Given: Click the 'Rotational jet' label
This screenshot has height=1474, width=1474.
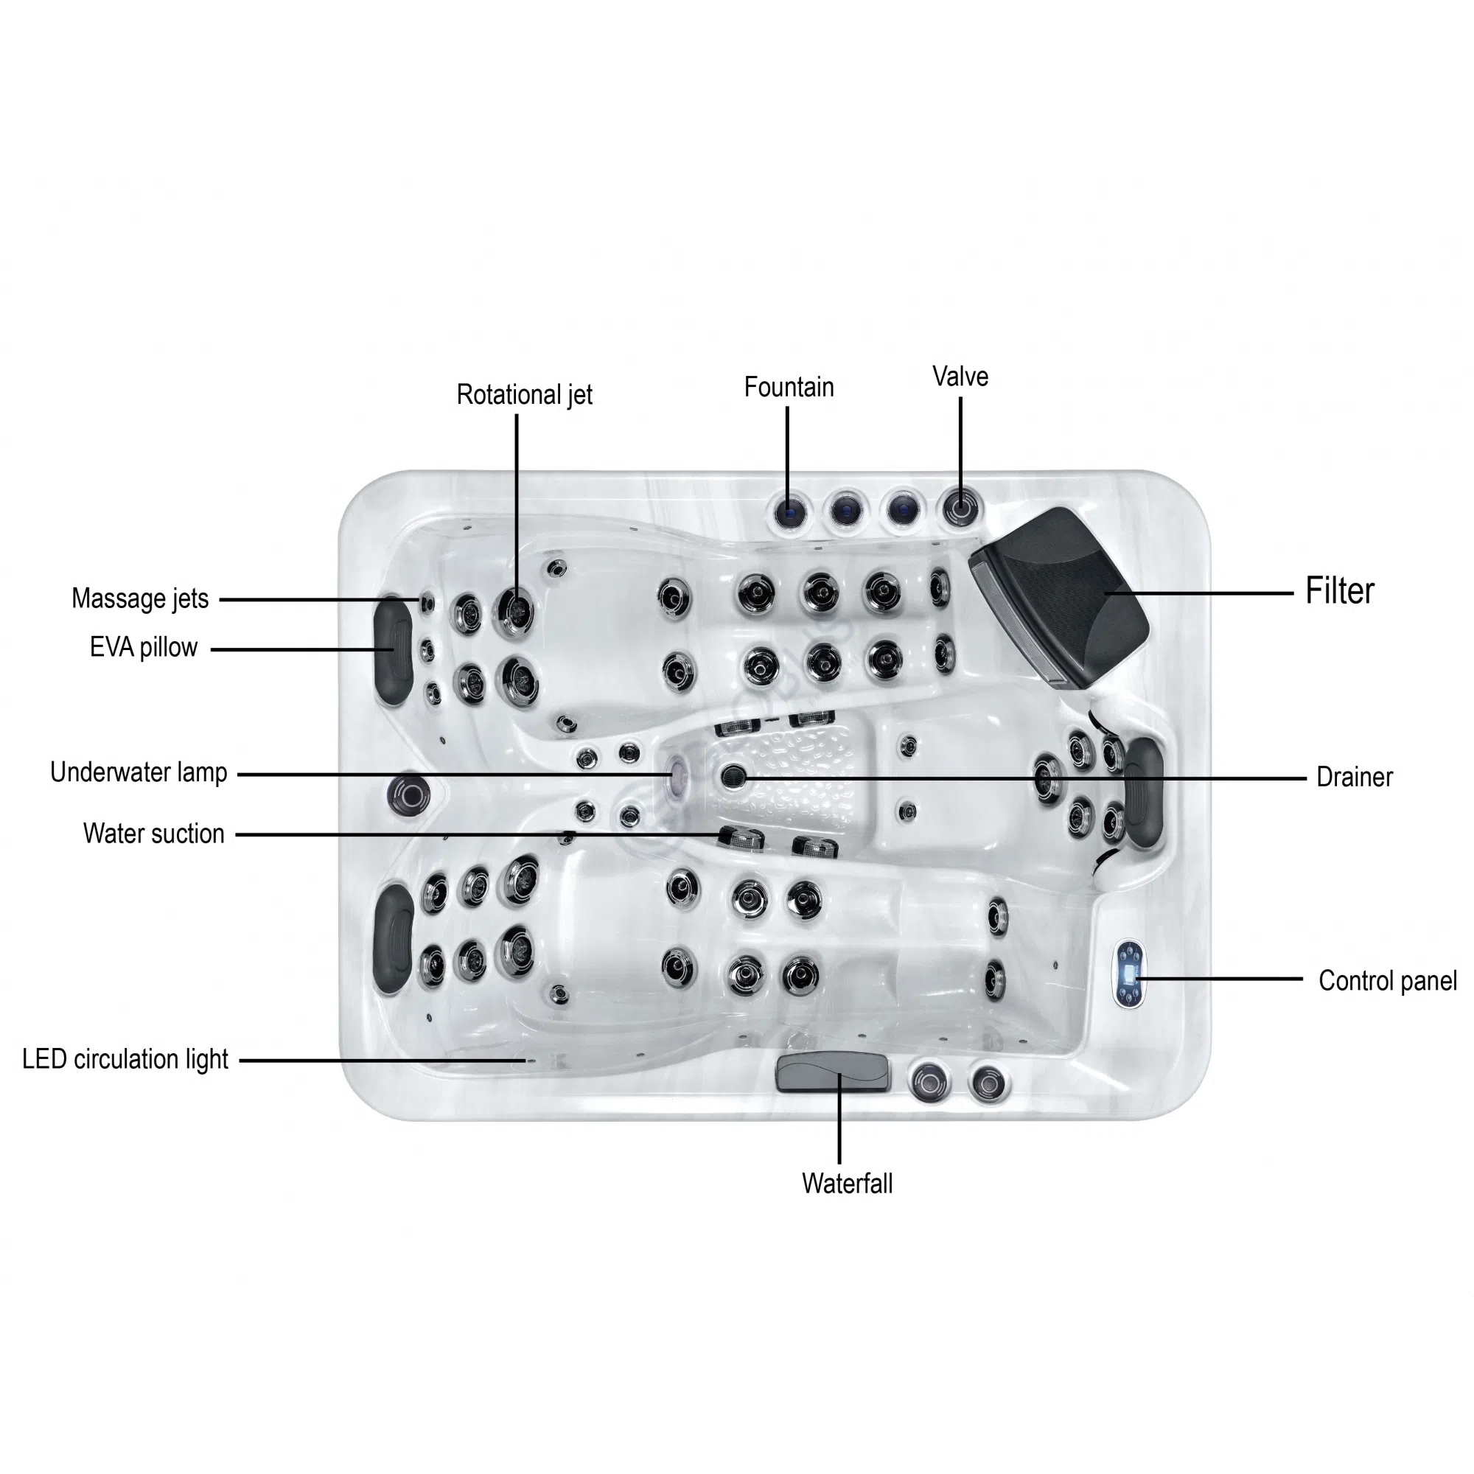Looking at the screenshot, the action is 524,394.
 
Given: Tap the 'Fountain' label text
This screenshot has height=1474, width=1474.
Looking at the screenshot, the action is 789,387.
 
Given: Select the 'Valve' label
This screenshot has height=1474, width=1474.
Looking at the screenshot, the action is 960,376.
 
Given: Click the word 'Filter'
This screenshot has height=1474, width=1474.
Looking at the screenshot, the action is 1340,590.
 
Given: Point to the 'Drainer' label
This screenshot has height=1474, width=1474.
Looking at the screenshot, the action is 1354,778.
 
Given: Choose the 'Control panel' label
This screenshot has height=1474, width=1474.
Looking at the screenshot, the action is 1388,981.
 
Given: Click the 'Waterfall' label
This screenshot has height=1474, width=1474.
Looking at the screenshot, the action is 847,1184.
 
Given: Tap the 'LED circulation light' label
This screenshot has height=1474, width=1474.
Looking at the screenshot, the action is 125,1059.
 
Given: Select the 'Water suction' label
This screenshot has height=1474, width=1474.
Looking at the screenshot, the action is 153,833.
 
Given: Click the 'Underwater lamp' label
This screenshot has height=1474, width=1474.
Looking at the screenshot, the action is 138,772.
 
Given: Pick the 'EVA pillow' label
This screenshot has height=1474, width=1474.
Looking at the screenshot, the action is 144,647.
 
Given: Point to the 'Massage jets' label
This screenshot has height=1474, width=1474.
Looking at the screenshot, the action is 139,598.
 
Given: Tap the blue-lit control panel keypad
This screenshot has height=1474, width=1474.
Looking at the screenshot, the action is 1129,974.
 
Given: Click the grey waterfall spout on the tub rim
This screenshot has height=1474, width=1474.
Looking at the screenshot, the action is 832,1072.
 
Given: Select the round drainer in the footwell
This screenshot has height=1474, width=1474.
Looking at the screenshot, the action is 733,777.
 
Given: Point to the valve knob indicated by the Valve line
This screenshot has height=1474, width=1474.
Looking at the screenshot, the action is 960,506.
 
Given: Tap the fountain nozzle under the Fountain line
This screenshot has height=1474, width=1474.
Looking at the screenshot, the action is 789,510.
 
